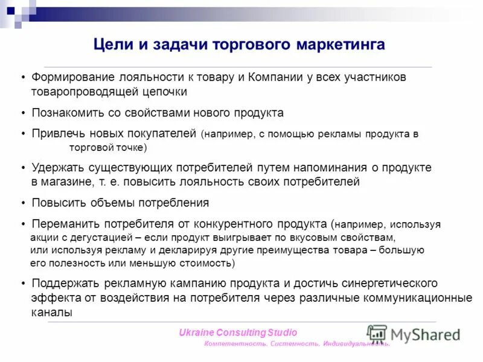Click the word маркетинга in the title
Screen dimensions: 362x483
click(341, 45)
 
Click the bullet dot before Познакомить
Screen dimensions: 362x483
click(23, 113)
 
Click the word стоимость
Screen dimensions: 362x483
click(206, 263)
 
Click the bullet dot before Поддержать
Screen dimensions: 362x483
click(23, 284)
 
